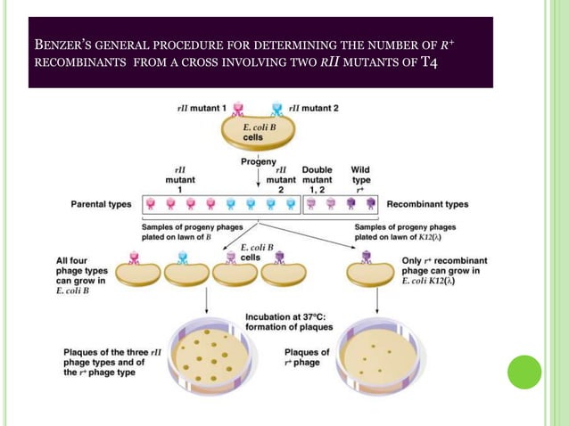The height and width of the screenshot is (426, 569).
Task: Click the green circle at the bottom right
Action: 524,372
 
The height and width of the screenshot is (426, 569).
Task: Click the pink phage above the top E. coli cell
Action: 238,111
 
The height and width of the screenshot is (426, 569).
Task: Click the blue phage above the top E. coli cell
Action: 276,111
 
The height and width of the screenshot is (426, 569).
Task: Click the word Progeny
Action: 258,162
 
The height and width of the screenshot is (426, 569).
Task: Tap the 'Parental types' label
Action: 102,204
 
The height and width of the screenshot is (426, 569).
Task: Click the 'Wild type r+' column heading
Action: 360,179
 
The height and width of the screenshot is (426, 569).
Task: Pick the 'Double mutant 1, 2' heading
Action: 317,179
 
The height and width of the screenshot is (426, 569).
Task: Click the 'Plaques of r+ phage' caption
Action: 306,357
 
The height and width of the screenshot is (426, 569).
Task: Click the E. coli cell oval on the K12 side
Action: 370,274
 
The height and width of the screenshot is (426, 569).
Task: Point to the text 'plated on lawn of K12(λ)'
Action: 396,237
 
